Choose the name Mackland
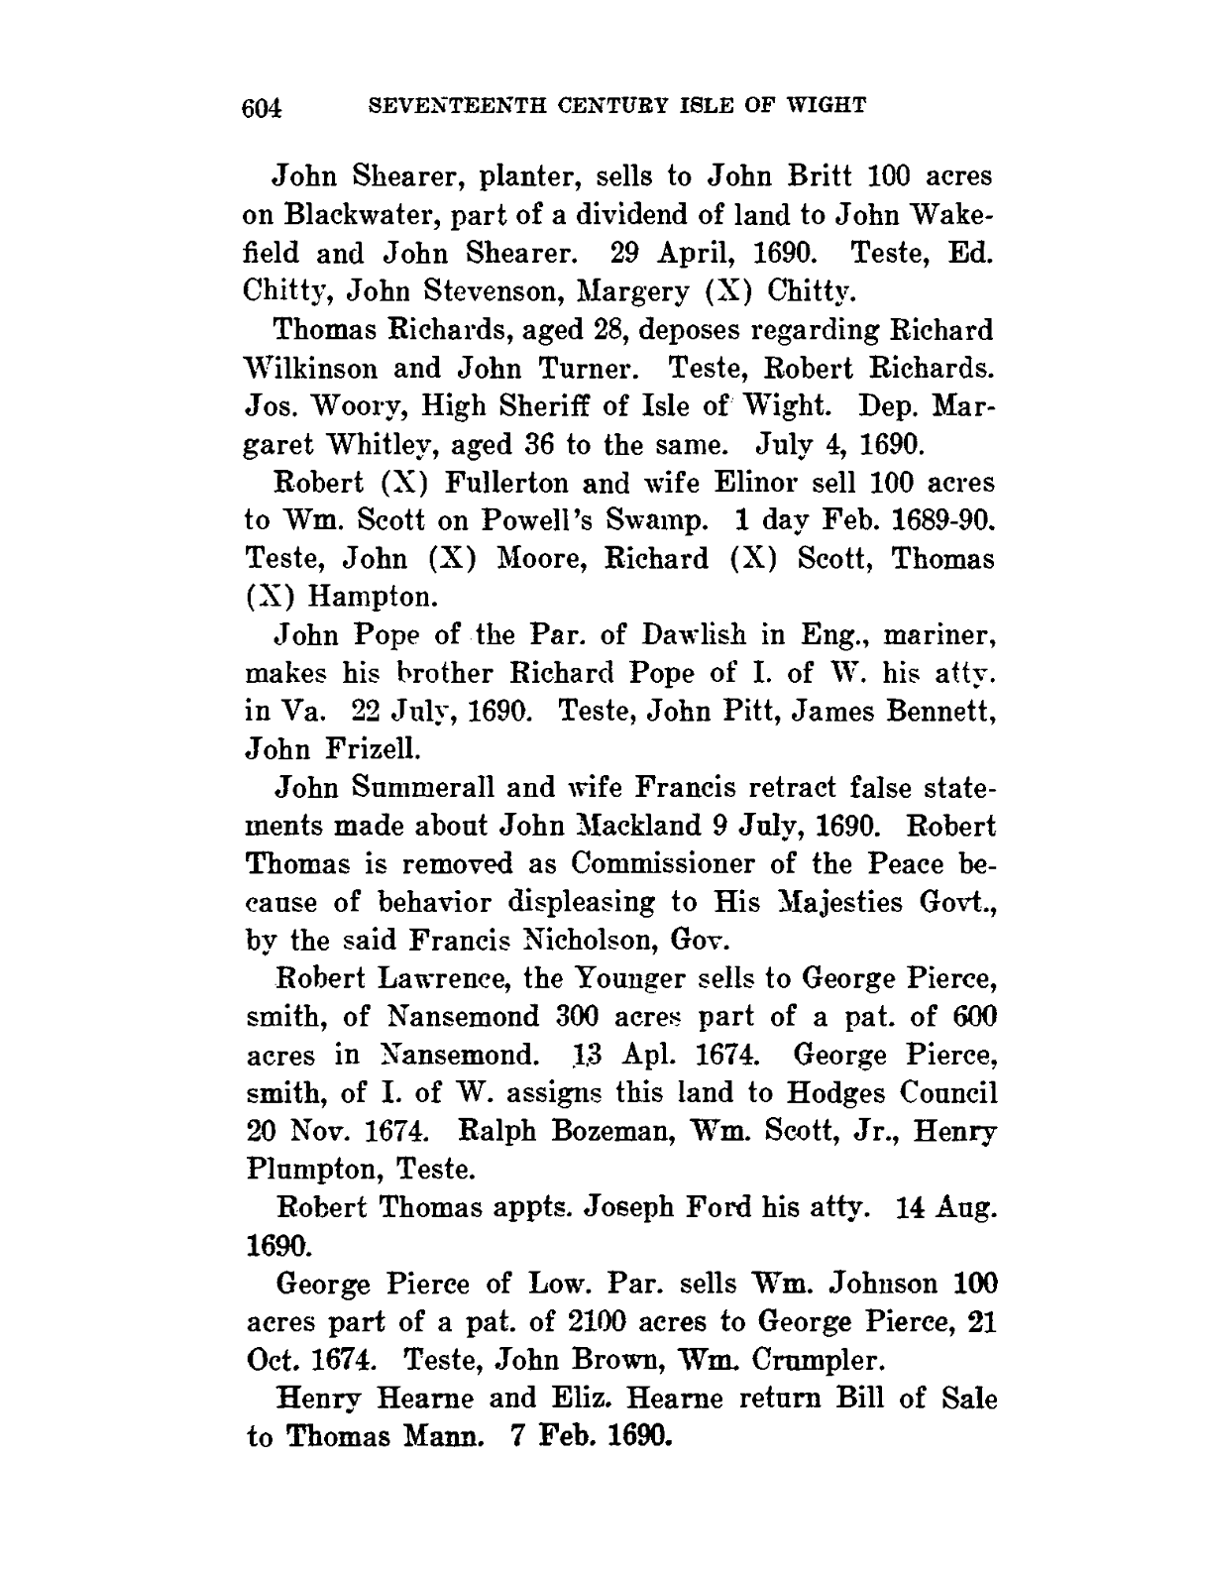tap(624, 826)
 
